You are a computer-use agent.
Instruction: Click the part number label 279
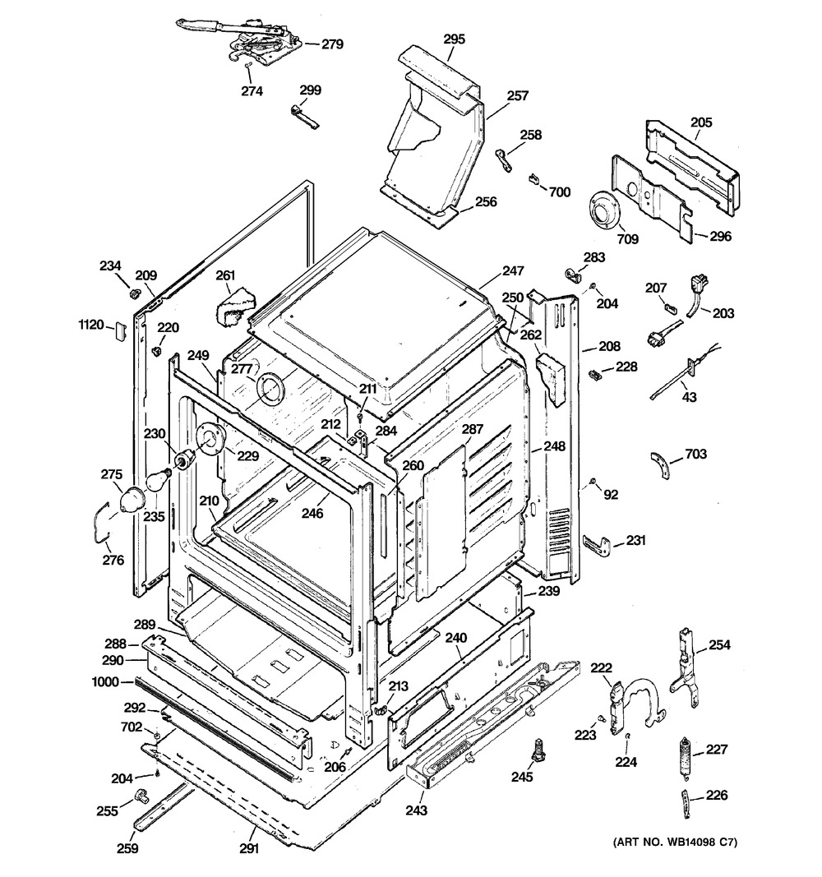332,44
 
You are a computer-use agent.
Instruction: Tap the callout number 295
454,39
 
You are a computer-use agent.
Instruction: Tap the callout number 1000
107,681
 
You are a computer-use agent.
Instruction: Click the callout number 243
417,810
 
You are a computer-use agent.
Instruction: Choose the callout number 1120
90,325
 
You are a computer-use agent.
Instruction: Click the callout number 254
719,644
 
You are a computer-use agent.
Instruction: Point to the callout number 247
514,270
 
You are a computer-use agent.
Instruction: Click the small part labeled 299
303,113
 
